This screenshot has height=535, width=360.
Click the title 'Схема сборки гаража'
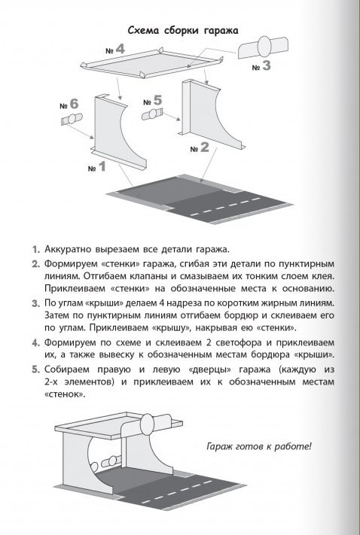183,30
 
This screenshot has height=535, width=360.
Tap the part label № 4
115,50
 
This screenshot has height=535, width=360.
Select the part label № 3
261,65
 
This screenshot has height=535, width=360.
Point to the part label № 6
69,104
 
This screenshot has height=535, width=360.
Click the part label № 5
152,101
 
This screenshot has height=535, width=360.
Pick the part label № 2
200,147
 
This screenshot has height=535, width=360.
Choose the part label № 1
97,167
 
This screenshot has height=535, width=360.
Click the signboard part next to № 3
263,47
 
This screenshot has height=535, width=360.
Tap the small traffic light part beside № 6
72,120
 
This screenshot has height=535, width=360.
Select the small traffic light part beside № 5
152,114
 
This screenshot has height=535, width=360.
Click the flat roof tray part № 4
151,63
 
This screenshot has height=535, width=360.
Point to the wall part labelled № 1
114,134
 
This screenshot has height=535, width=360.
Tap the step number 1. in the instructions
36,249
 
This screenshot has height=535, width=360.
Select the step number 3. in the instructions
36,303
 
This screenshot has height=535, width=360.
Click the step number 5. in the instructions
36,369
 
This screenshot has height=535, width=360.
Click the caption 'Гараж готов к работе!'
259,446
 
